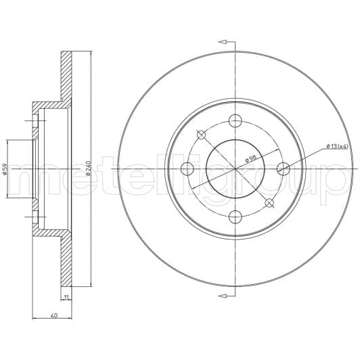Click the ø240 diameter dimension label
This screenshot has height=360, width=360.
89,168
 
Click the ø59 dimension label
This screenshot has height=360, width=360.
5,169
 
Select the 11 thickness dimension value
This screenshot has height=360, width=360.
66,298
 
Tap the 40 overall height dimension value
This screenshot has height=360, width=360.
54,315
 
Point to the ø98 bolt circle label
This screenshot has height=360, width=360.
250,158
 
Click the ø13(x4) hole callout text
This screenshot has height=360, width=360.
337,146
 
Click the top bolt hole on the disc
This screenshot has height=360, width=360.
235,120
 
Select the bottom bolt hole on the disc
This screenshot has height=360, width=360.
235,217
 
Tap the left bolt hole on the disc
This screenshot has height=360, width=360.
187,169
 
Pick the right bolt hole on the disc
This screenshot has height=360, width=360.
284,169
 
